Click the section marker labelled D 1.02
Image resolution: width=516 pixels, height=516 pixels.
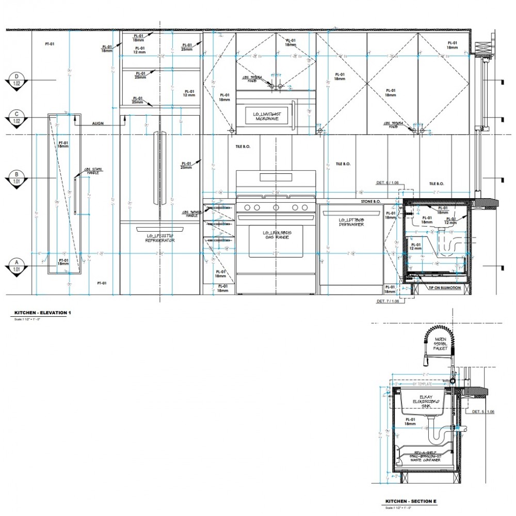(17, 79)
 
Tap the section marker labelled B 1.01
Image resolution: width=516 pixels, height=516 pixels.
(17, 178)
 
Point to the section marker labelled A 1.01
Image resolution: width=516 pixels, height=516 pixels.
(17, 265)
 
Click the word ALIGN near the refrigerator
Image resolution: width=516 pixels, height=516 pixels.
(98, 124)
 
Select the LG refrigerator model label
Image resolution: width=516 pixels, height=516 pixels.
(159, 238)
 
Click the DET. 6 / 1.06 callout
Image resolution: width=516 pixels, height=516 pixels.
(386, 183)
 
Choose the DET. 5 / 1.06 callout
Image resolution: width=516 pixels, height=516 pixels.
(483, 412)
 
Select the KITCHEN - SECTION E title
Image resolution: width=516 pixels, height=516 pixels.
(410, 502)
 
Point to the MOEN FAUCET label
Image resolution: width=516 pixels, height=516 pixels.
(440, 344)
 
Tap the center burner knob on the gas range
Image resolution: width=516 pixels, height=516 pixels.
(276, 207)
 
